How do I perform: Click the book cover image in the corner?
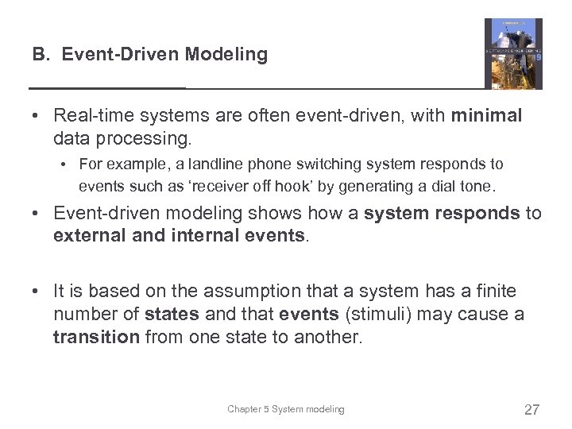click(x=513, y=53)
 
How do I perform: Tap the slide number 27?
click(x=531, y=410)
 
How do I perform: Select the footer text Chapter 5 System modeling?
click(x=286, y=409)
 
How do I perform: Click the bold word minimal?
click(x=486, y=116)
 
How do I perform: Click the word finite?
click(x=494, y=292)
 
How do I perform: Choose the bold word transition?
click(x=95, y=337)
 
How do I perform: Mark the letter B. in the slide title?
click(x=42, y=55)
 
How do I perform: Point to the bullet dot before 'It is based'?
click(x=37, y=292)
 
